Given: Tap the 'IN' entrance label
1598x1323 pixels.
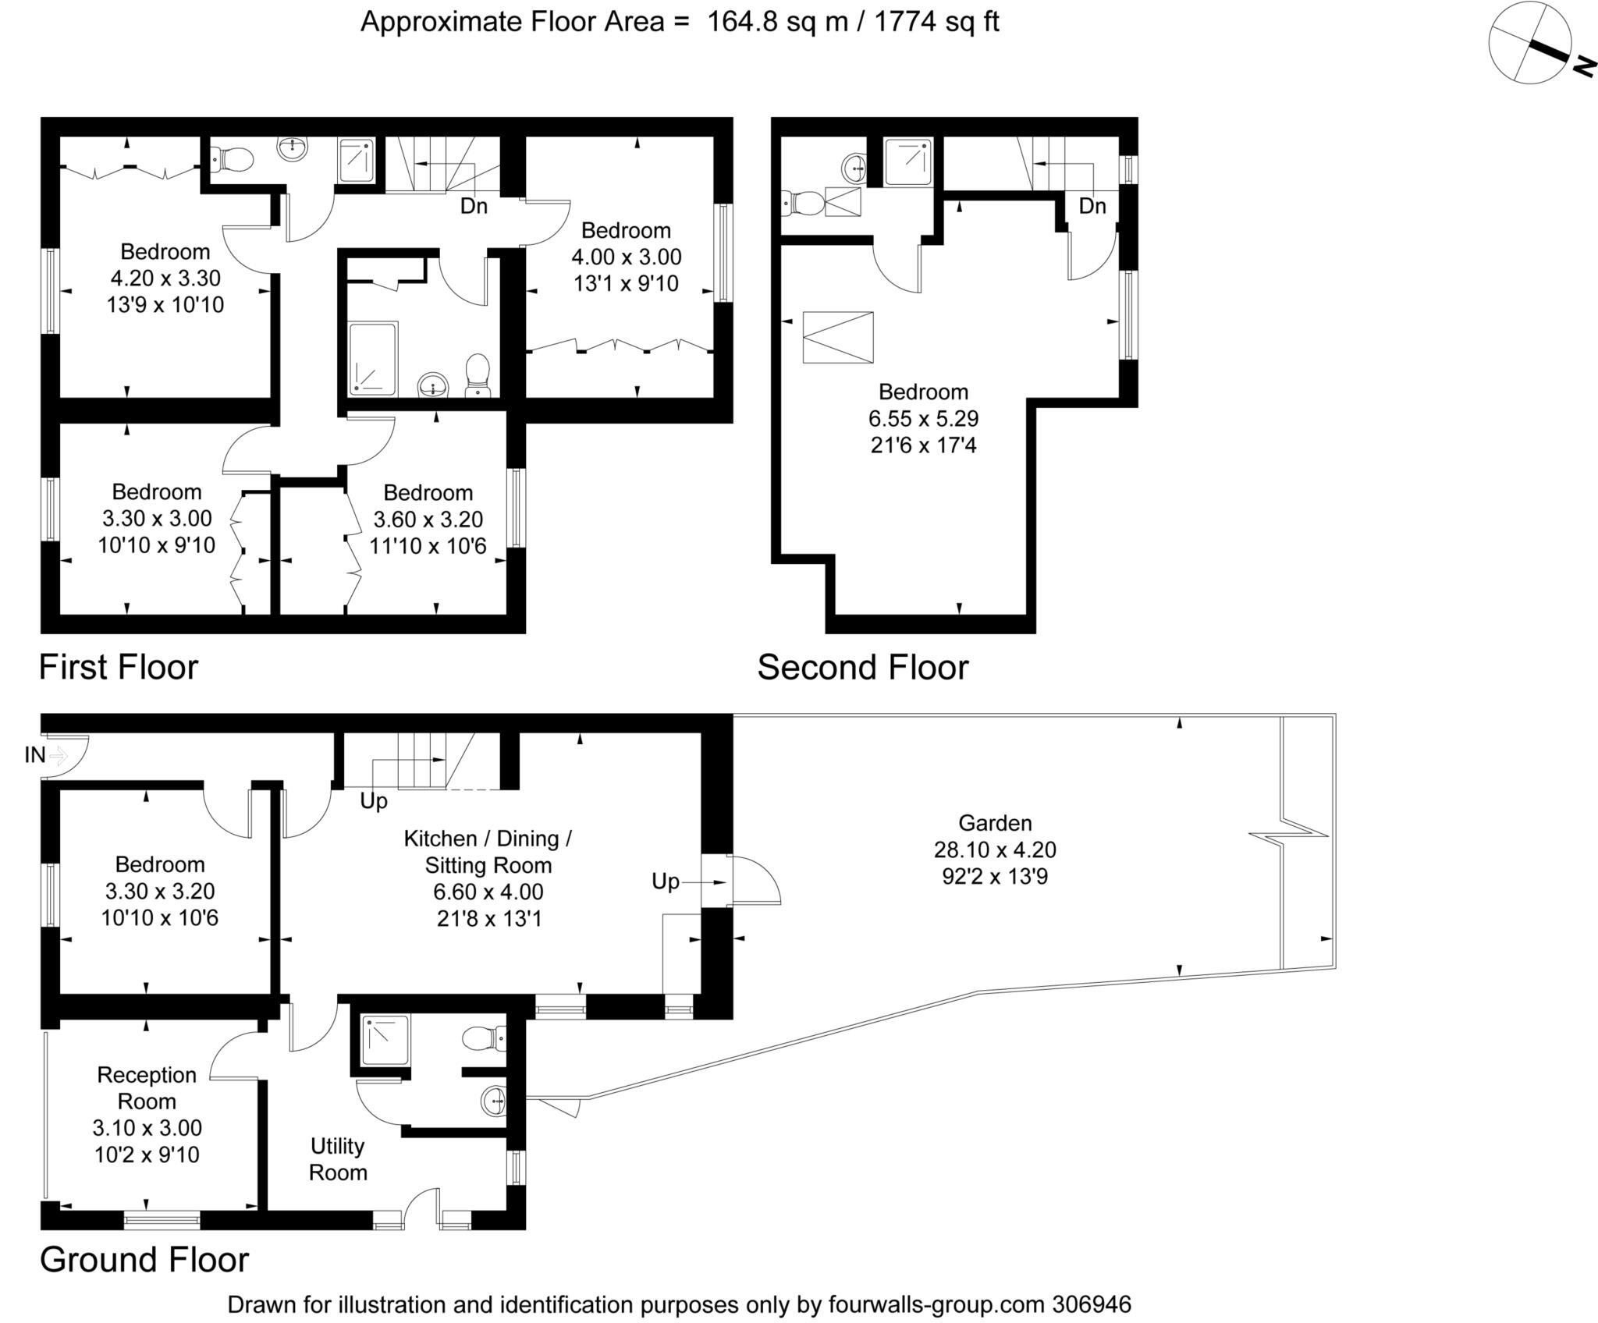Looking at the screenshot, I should pos(34,755).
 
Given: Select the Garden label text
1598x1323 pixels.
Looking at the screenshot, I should pos(995,823).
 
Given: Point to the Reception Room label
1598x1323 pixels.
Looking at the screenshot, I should pos(147,1087).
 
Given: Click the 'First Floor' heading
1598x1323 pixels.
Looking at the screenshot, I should pos(119,668).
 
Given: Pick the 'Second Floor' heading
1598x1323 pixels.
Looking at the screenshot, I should pos(863,668).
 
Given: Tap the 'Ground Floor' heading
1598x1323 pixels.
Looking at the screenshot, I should pos(144,1260).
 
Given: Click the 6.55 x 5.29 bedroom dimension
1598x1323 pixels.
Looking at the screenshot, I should pos(923,419).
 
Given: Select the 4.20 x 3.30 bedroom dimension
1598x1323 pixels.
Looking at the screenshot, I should pos(165,278).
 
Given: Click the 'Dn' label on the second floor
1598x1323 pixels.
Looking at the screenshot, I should pos(1092,206).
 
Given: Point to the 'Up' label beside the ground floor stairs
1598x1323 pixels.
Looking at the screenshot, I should pos(374,801).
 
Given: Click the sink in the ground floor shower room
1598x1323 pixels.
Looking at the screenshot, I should pos(495,1101).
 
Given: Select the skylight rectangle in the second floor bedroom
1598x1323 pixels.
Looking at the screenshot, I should pos(838,337).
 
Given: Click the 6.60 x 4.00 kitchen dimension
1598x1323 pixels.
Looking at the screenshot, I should pos(488,892).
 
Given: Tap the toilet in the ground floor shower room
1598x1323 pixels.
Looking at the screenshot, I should pos(484,1039).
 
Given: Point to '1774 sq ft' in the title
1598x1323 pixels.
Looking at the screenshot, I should pos(936,22).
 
